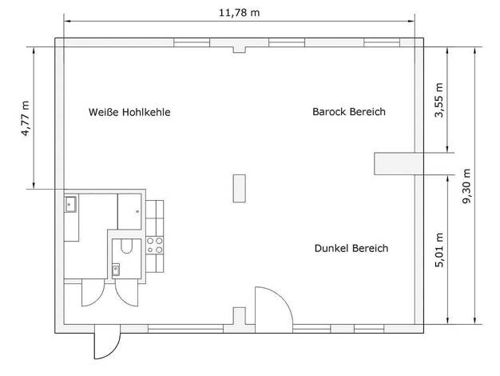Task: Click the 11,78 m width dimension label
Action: pyautogui.click(x=239, y=13)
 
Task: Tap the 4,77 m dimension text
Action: pyautogui.click(x=26, y=118)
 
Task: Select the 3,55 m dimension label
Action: pyautogui.click(x=439, y=100)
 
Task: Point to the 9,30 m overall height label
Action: pyautogui.click(x=466, y=186)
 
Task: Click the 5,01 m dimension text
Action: pyautogui.click(x=439, y=250)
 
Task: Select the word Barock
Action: pyautogui.click(x=329, y=111)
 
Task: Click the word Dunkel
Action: pyautogui.click(x=331, y=248)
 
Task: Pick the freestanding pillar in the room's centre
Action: pyautogui.click(x=239, y=188)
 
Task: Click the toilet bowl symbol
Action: pyautogui.click(x=126, y=246)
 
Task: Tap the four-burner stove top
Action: pyautogui.click(x=155, y=246)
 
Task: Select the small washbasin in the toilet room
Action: pyautogui.click(x=116, y=270)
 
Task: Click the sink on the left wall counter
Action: pyautogui.click(x=70, y=205)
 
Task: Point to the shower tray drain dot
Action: pyautogui.click(x=137, y=211)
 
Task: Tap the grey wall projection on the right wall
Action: pyautogui.click(x=395, y=163)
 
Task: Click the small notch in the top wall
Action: pyautogui.click(x=239, y=50)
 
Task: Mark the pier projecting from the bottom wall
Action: pyautogui.click(x=239, y=316)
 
